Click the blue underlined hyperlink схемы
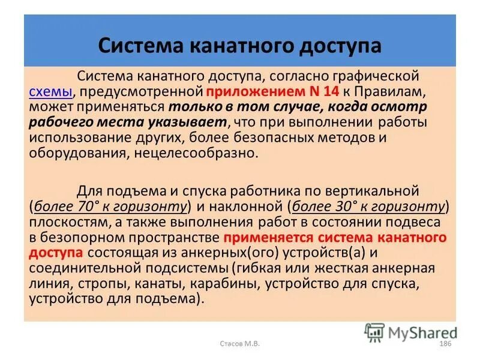51,92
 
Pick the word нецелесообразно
205,152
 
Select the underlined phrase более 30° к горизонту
369,207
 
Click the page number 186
445,344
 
